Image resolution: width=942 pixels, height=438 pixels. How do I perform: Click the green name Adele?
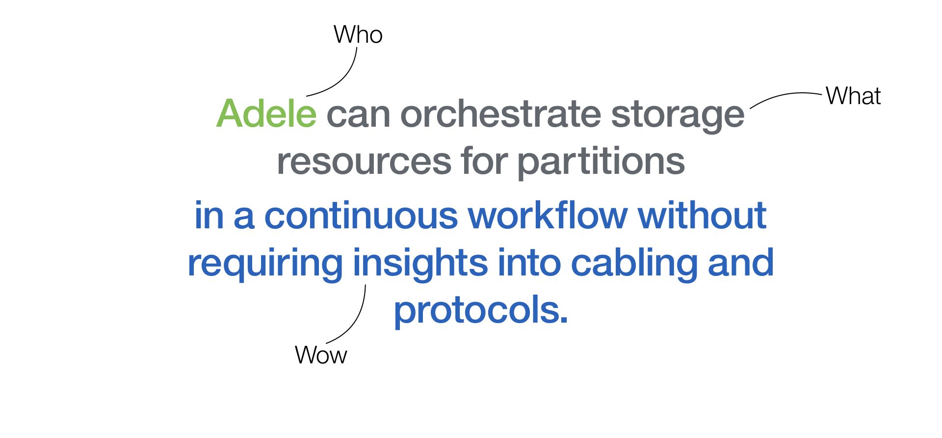pyautogui.click(x=266, y=114)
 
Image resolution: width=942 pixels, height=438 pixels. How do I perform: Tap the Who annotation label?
pyautogui.click(x=358, y=35)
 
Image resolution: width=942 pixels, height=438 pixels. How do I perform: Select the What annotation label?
pyautogui.click(x=853, y=96)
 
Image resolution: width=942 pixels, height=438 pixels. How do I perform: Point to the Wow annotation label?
pyautogui.click(x=321, y=355)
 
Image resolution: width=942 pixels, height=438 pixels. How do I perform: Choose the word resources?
pyautogui.click(x=364, y=162)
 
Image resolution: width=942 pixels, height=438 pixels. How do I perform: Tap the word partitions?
pyautogui.click(x=601, y=163)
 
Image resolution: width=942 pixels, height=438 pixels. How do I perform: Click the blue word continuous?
pyautogui.click(x=361, y=216)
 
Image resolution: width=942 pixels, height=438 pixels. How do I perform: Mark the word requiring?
pyautogui.click(x=265, y=264)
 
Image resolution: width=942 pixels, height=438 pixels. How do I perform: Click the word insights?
pyautogui.click(x=420, y=264)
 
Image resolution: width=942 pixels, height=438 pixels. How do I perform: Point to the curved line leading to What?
pyautogui.click(x=785, y=95)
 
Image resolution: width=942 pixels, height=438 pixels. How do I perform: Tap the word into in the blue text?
pyautogui.click(x=529, y=263)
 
